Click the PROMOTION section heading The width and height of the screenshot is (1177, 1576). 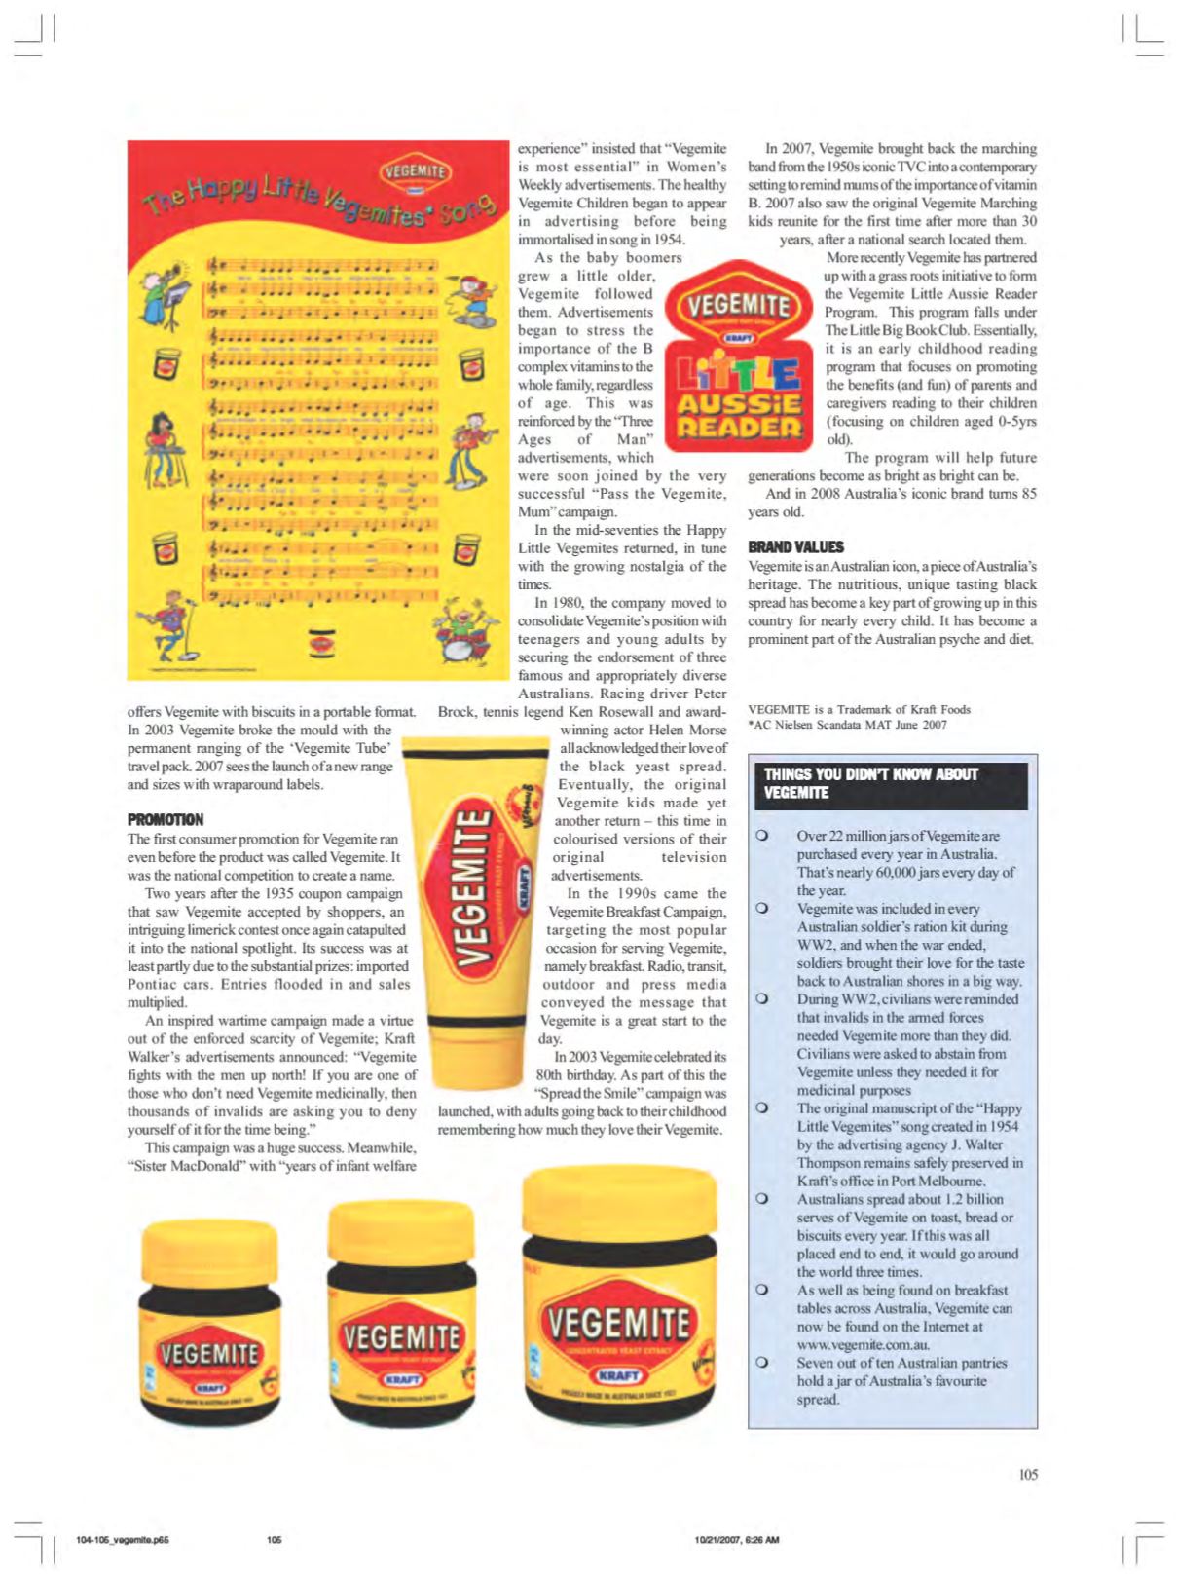[x=166, y=819]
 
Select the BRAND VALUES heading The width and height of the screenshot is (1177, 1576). [x=795, y=546]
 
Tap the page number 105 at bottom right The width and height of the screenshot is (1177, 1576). [x=1028, y=1474]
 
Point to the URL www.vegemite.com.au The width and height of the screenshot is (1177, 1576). [x=862, y=1344]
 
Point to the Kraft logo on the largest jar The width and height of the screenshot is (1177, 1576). [x=619, y=1375]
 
